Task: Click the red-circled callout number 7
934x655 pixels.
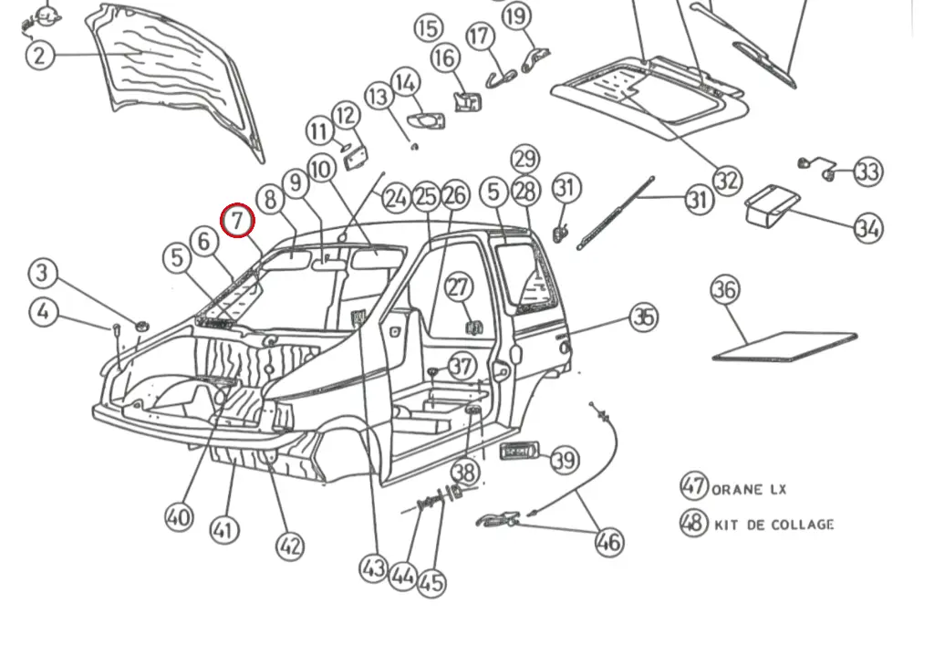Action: click(x=238, y=220)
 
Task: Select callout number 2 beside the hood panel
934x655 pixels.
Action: click(x=39, y=56)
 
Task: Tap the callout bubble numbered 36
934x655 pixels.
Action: click(x=725, y=291)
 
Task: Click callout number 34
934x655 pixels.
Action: click(x=868, y=227)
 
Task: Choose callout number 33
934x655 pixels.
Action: click(x=868, y=172)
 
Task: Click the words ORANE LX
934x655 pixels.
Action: click(x=749, y=489)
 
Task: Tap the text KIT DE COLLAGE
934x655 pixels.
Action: click(x=774, y=525)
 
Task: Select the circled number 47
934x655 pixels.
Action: click(x=694, y=485)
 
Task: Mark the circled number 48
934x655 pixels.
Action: click(x=694, y=523)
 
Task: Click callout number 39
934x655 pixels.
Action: click(x=565, y=459)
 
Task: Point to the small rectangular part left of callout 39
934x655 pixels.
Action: click(x=520, y=450)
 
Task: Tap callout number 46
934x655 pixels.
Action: click(x=608, y=542)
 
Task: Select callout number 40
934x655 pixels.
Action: click(x=179, y=517)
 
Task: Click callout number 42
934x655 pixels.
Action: click(x=289, y=546)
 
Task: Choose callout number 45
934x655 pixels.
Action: click(x=432, y=583)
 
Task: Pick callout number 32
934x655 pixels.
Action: click(x=726, y=180)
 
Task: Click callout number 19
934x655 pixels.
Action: click(x=516, y=16)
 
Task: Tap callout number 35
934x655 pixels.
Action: click(x=644, y=317)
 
